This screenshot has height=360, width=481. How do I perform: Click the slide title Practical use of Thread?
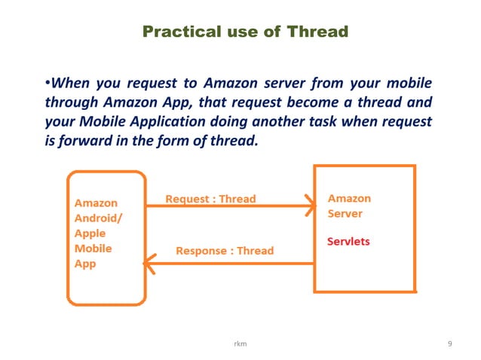point(245,32)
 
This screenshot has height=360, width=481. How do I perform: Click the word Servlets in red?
point(349,242)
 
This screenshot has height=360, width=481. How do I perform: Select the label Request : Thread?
point(210,200)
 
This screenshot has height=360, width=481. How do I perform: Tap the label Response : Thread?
point(225,250)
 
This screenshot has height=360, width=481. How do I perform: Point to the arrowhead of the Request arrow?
point(310,205)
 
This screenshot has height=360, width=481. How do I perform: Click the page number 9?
point(450,344)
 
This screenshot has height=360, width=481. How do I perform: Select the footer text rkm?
point(240,344)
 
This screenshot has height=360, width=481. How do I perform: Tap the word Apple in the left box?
point(89,233)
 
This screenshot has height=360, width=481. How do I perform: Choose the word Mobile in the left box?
point(92,249)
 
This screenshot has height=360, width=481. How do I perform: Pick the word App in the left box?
point(84,264)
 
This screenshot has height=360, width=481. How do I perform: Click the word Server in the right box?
point(345,214)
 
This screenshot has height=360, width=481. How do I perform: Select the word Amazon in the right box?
point(349,199)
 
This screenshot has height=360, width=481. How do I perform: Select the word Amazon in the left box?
point(96,203)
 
